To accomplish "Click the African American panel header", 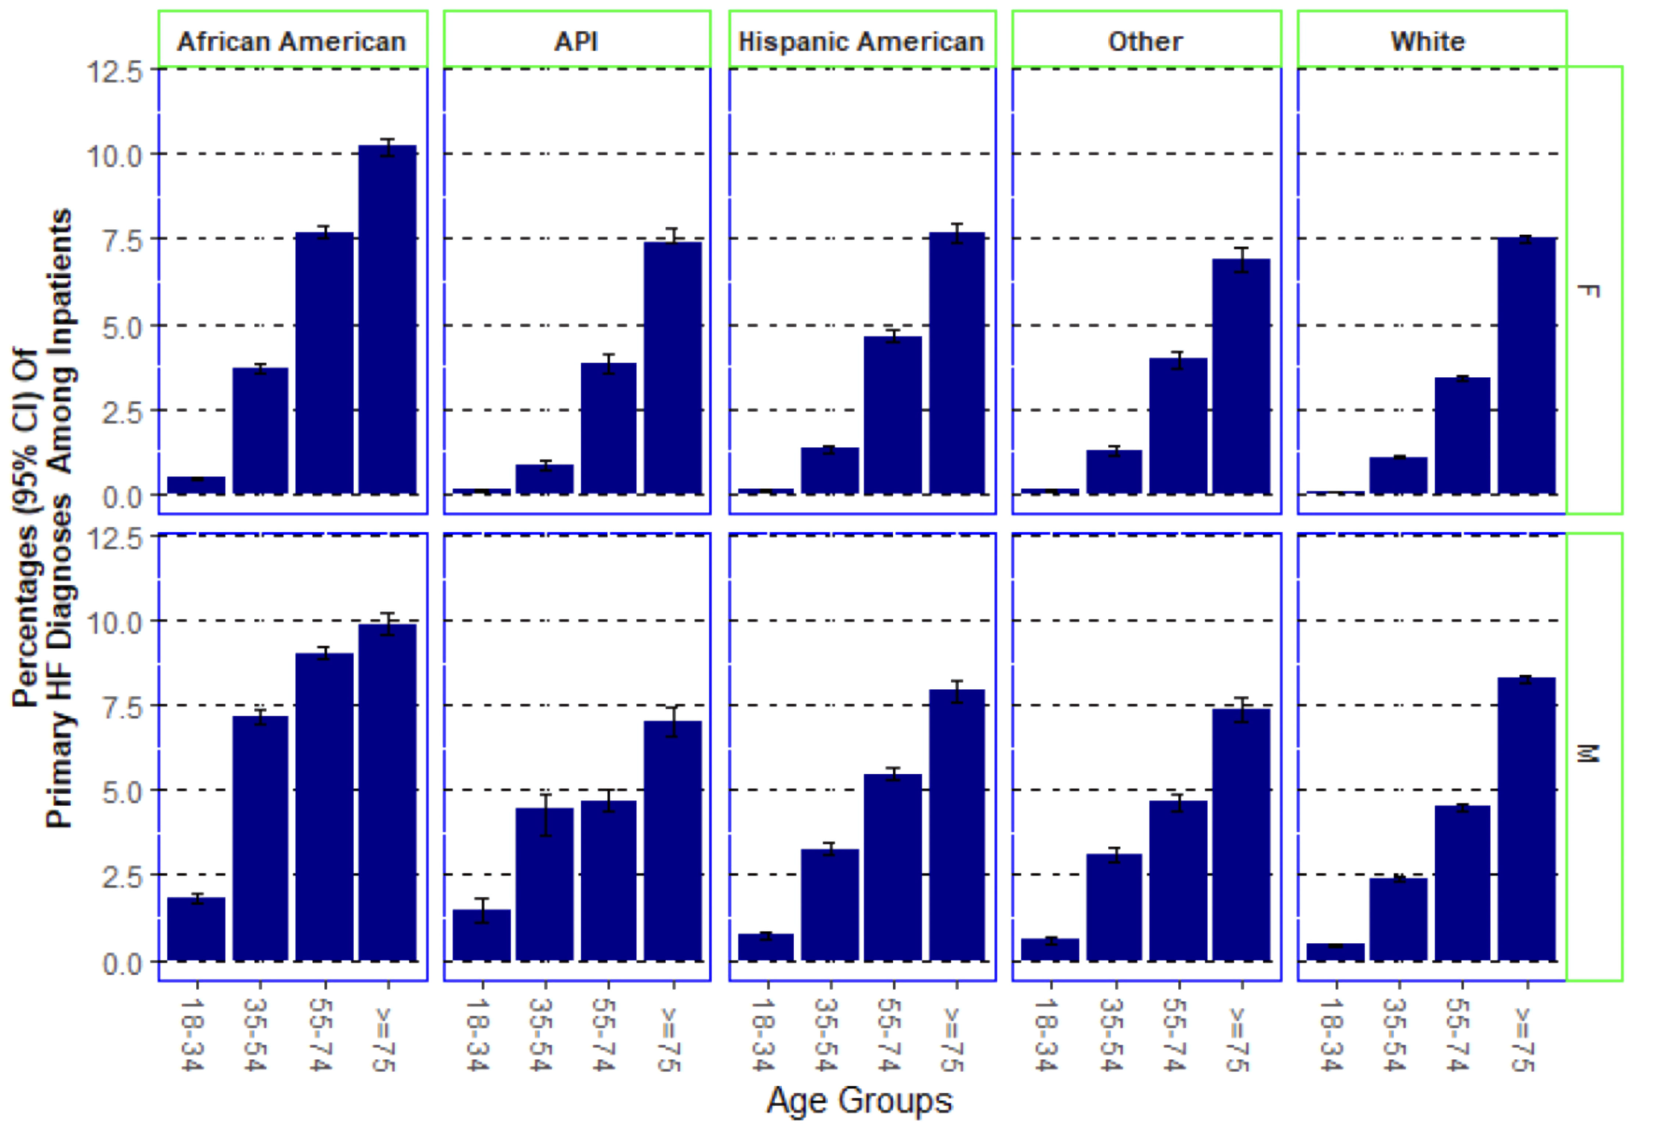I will (x=292, y=41).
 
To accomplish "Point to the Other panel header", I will (x=1145, y=41).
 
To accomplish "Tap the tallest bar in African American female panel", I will (x=387, y=320).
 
